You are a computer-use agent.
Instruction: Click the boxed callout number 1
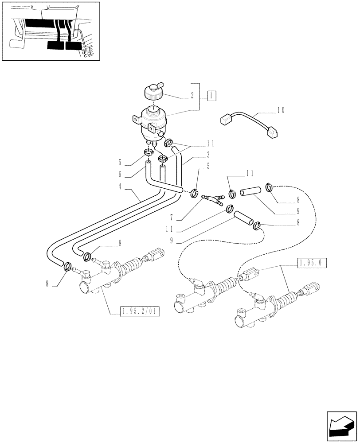(212, 95)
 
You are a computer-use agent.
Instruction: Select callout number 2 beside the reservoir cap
(192, 95)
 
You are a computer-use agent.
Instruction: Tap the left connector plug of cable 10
(227, 120)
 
